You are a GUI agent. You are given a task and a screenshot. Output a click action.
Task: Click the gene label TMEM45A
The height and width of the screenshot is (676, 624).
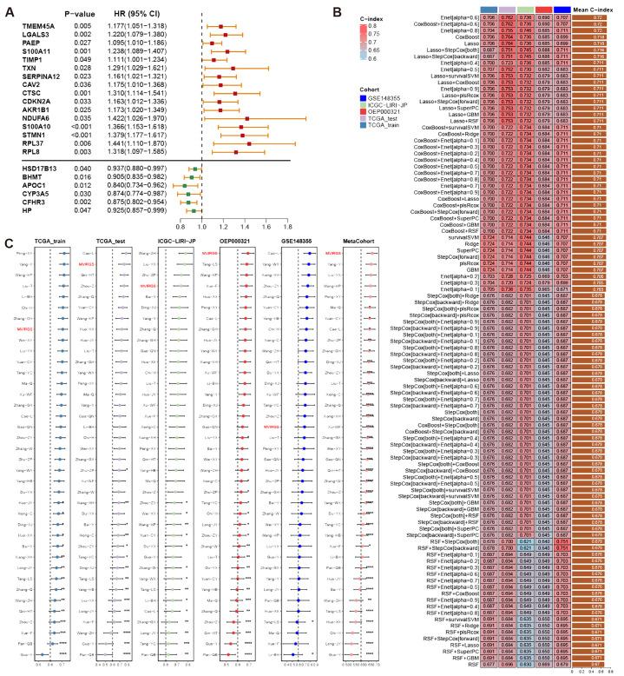pos(36,27)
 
